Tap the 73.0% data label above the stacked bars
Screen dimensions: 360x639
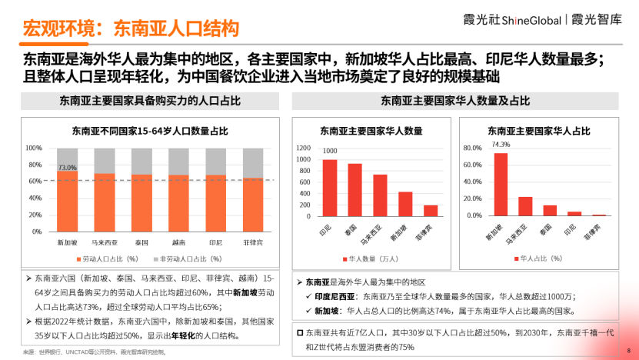pyautogui.click(x=68, y=167)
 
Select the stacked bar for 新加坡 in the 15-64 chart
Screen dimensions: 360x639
pyautogui.click(x=68, y=201)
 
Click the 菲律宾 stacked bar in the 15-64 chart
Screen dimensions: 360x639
pyautogui.click(x=253, y=205)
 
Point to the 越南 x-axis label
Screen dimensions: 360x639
pyautogui.click(x=178, y=242)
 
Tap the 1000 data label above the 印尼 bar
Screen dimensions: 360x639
pyautogui.click(x=330, y=152)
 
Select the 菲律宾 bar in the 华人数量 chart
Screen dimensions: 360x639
pyautogui.click(x=431, y=210)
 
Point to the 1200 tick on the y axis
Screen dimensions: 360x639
pyautogui.click(x=303, y=148)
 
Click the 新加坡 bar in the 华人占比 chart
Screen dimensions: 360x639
pyautogui.click(x=501, y=184)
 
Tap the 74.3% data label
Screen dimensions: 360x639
pyautogui.click(x=501, y=144)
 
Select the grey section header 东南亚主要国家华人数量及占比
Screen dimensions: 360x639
pyautogui.click(x=455, y=102)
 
